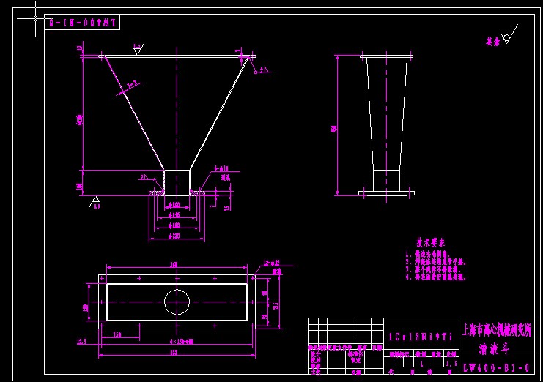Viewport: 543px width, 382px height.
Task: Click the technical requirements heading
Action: (431, 242)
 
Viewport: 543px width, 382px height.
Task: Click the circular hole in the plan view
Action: (177, 302)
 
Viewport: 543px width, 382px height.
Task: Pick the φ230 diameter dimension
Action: (174, 236)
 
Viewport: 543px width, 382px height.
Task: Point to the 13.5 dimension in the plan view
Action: (81, 342)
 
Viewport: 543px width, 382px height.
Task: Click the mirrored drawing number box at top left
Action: (82, 23)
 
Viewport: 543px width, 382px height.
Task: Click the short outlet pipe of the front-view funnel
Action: (176, 181)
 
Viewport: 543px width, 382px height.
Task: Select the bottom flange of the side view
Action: (386, 193)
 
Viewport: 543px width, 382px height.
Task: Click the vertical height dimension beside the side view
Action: (335, 128)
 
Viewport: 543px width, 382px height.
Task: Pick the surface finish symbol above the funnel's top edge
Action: (138, 49)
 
